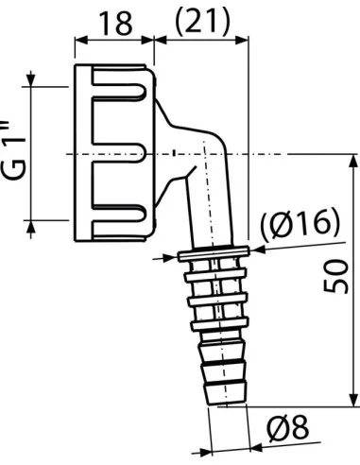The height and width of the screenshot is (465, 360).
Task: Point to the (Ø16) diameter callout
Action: [300, 224]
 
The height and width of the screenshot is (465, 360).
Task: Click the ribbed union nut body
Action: [113, 151]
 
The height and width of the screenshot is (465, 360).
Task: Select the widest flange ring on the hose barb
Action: [212, 254]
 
